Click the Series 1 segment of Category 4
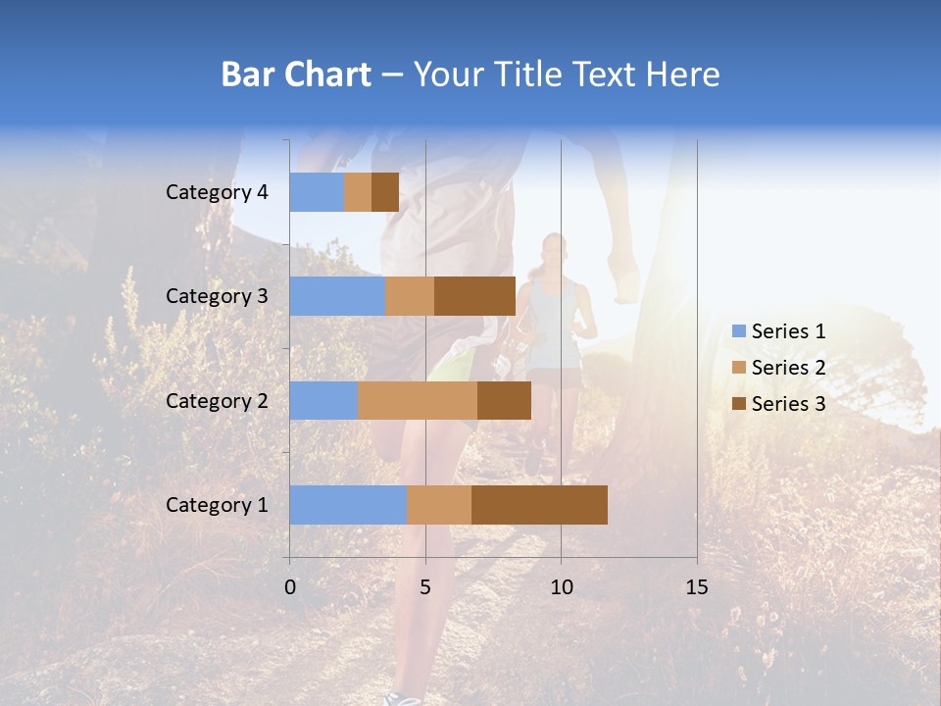click(317, 192)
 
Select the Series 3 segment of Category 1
click(539, 505)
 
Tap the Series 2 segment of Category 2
click(418, 400)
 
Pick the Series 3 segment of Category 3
click(474, 296)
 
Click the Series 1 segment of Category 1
click(348, 505)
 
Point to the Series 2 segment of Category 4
click(358, 192)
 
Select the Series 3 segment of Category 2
click(504, 400)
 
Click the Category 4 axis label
click(217, 192)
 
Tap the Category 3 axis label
click(217, 296)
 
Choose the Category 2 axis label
click(217, 401)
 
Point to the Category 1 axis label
click(217, 505)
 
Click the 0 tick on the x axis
click(290, 587)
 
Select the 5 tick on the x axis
click(425, 587)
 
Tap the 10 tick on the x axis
click(561, 587)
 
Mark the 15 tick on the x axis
click(696, 587)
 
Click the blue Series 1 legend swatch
click(738, 331)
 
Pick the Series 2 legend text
click(788, 368)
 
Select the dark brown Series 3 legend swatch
click(738, 404)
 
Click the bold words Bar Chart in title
click(296, 75)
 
